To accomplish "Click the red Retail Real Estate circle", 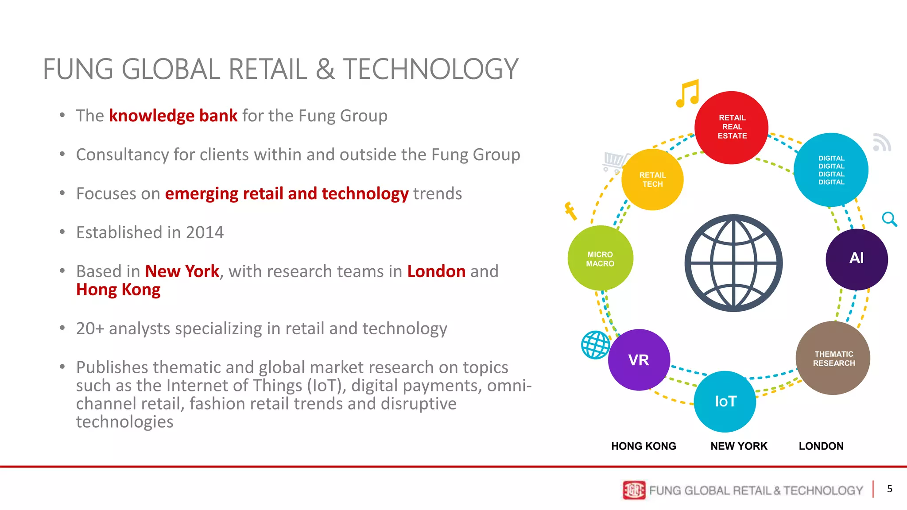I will [x=731, y=127].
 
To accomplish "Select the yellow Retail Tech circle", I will [x=652, y=180].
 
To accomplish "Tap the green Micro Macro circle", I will [x=600, y=259].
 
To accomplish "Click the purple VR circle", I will [x=639, y=360].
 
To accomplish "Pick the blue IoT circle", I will [x=725, y=402].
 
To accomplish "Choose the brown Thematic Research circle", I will [x=833, y=358].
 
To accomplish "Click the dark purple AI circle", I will [x=857, y=259].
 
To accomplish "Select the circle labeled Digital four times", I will [x=831, y=170].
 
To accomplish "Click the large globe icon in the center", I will [x=733, y=263].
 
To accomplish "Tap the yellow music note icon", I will [x=687, y=94].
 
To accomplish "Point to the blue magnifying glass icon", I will [x=889, y=219].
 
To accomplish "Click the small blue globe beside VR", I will [x=595, y=345].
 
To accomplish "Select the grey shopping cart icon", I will [x=615, y=162].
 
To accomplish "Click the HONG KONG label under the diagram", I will [x=643, y=446].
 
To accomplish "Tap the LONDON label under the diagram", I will [x=821, y=446].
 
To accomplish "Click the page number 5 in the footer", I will [x=889, y=489].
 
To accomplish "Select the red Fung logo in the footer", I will [x=634, y=490].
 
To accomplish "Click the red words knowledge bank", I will [x=173, y=116].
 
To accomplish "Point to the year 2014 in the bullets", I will [x=205, y=232].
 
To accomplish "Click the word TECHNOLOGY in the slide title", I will [x=430, y=70].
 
